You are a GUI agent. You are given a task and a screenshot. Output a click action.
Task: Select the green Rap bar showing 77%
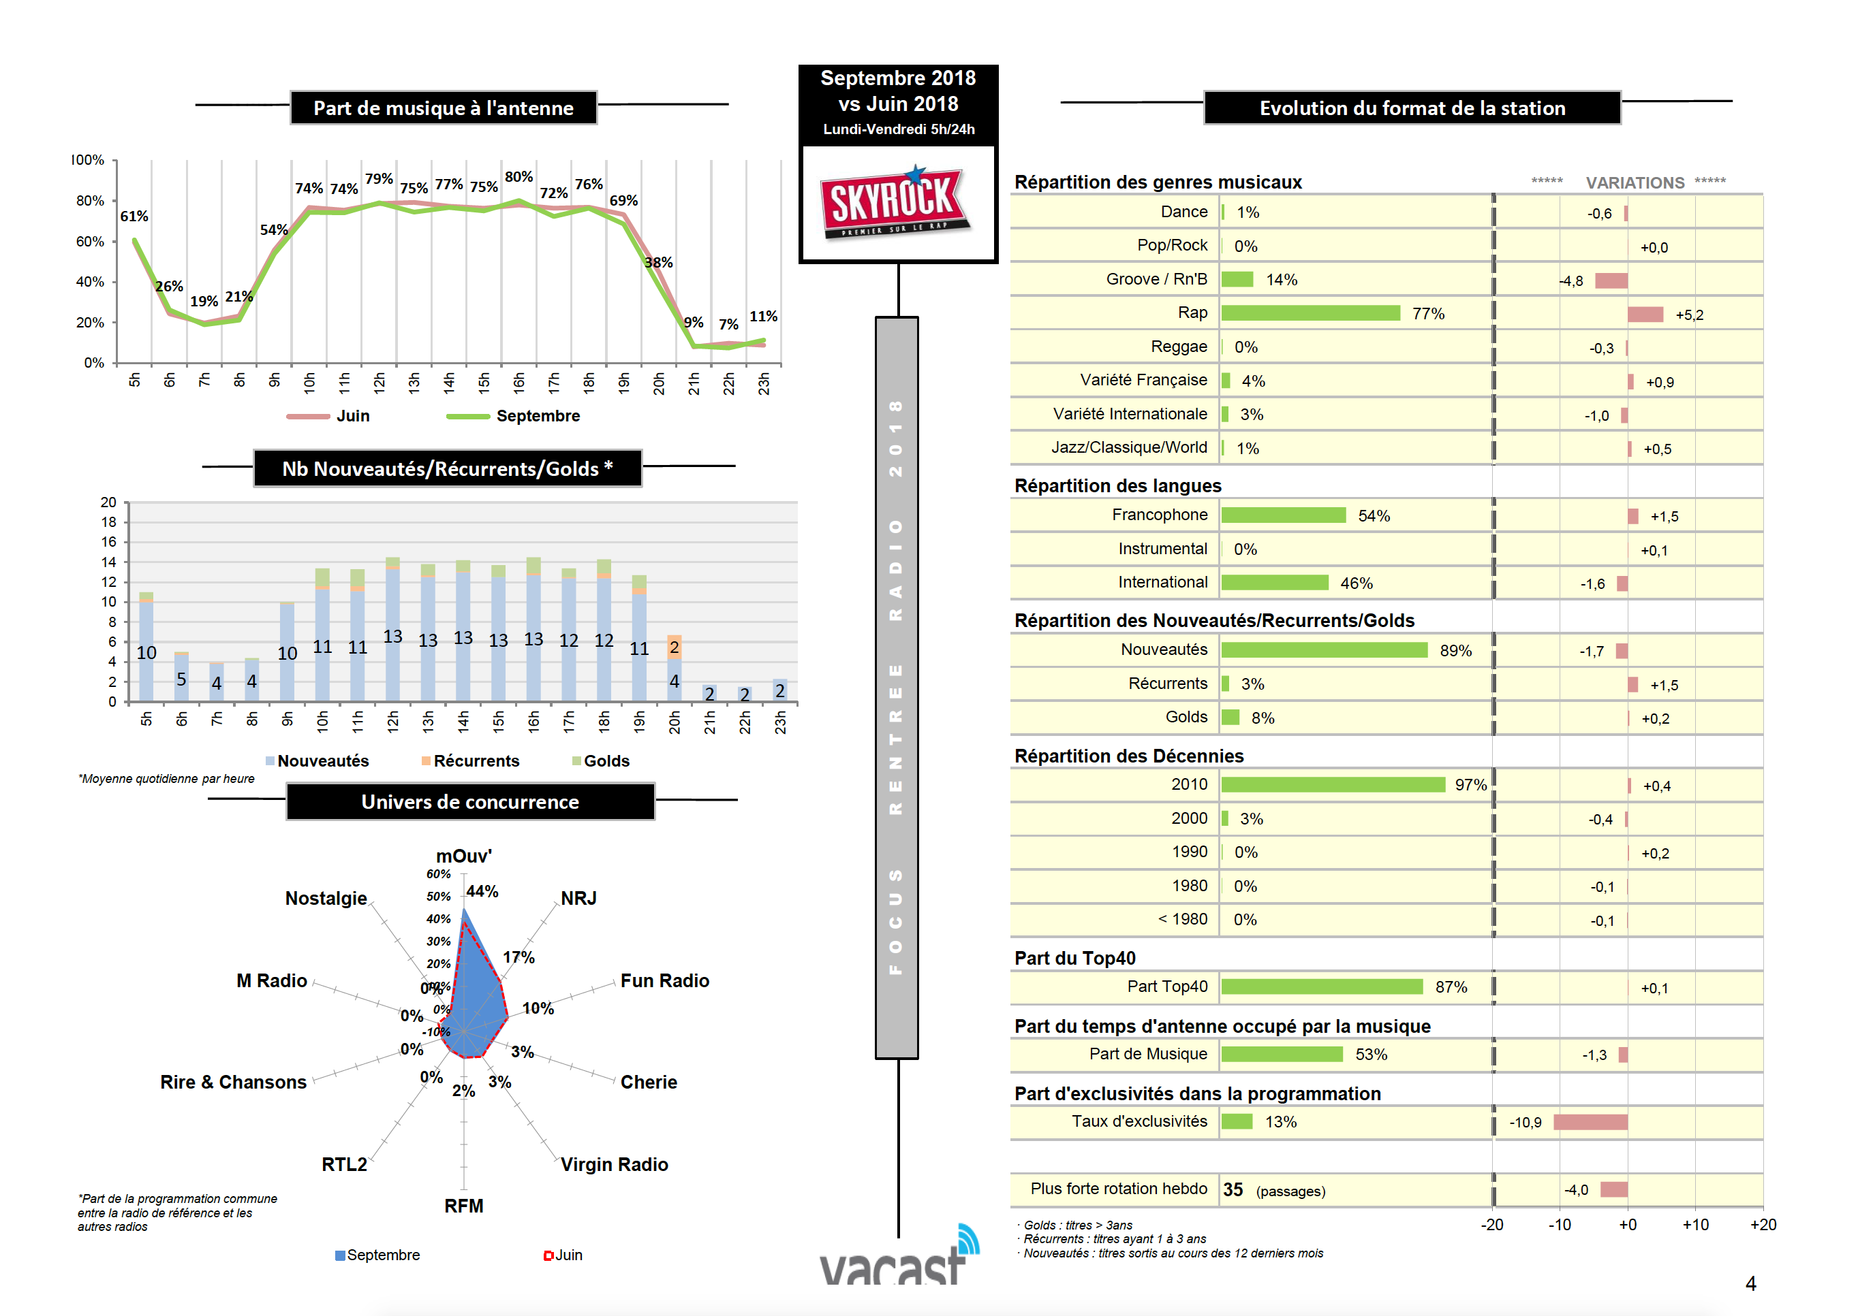pyautogui.click(x=1310, y=314)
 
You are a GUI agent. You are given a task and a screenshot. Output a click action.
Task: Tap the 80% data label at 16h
pyautogui.click(x=518, y=177)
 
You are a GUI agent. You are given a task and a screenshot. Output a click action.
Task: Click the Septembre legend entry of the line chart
pyautogui.click(x=537, y=417)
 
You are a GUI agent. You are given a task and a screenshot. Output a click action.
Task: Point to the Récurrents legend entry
pyautogui.click(x=476, y=760)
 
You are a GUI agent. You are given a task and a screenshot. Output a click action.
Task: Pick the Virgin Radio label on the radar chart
pyautogui.click(x=613, y=1164)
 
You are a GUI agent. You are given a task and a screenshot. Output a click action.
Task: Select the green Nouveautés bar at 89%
pyautogui.click(x=1323, y=651)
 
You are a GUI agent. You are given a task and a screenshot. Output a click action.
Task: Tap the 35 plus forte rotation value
pyautogui.click(x=1233, y=1189)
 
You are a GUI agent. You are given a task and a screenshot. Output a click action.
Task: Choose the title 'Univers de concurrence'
pyautogui.click(x=470, y=802)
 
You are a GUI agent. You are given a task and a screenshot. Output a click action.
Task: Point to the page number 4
pyautogui.click(x=1750, y=1284)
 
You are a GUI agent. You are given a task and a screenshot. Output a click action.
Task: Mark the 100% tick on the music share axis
pyautogui.click(x=88, y=161)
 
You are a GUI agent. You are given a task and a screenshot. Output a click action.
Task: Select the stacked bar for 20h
pyautogui.click(x=674, y=669)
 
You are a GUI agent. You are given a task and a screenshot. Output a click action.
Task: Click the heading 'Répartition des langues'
pyautogui.click(x=1117, y=486)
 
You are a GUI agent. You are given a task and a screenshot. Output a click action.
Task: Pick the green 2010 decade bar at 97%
pyautogui.click(x=1332, y=785)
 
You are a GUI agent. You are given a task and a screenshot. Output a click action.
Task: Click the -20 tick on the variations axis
pyautogui.click(x=1492, y=1225)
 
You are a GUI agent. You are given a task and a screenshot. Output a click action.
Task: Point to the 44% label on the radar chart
pyautogui.click(x=482, y=892)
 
